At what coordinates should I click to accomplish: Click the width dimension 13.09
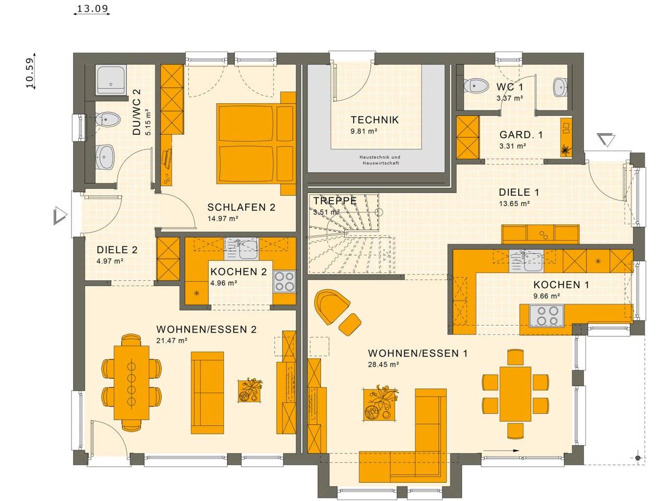92,8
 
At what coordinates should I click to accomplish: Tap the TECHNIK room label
374,120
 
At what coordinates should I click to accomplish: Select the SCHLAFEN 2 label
241,208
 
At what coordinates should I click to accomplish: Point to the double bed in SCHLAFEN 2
256,144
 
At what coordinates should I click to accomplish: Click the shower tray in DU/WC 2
111,79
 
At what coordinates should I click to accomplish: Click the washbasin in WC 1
560,87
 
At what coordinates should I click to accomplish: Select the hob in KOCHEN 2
284,281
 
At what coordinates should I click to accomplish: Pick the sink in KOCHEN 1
527,261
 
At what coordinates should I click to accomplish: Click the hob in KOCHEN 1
547,316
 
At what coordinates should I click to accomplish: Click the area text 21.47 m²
172,341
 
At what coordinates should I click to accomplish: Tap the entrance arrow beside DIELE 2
60,216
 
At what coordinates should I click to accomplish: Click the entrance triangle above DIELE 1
606,140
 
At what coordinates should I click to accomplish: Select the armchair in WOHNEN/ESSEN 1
332,306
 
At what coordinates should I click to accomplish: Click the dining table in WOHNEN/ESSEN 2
132,383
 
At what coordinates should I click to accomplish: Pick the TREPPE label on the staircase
335,201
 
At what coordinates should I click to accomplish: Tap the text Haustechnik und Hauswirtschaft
380,160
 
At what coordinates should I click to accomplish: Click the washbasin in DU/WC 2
104,157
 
